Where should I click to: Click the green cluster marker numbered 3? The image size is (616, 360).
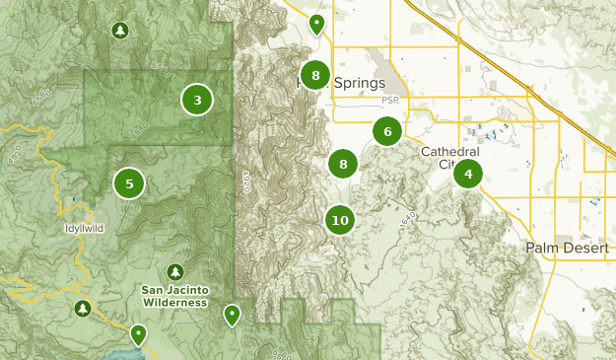click(198, 100)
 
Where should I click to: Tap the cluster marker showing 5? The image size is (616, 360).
click(129, 182)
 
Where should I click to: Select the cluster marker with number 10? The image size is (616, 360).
click(340, 220)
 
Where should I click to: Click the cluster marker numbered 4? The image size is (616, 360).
click(468, 176)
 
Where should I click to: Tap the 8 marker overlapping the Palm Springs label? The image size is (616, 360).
click(314, 75)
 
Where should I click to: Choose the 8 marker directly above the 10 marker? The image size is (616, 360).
click(343, 165)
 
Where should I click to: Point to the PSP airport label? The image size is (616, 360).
click(392, 101)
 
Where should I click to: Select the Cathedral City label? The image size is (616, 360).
click(449, 158)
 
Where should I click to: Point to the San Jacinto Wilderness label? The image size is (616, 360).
click(173, 296)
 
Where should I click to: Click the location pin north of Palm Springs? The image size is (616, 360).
click(316, 24)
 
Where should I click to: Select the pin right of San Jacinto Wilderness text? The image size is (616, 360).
click(232, 315)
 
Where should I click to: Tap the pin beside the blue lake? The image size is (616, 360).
click(139, 334)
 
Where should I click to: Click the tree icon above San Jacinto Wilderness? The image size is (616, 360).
click(175, 271)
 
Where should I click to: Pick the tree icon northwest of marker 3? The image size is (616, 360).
click(119, 32)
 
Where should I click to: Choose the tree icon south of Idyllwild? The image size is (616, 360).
click(82, 309)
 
